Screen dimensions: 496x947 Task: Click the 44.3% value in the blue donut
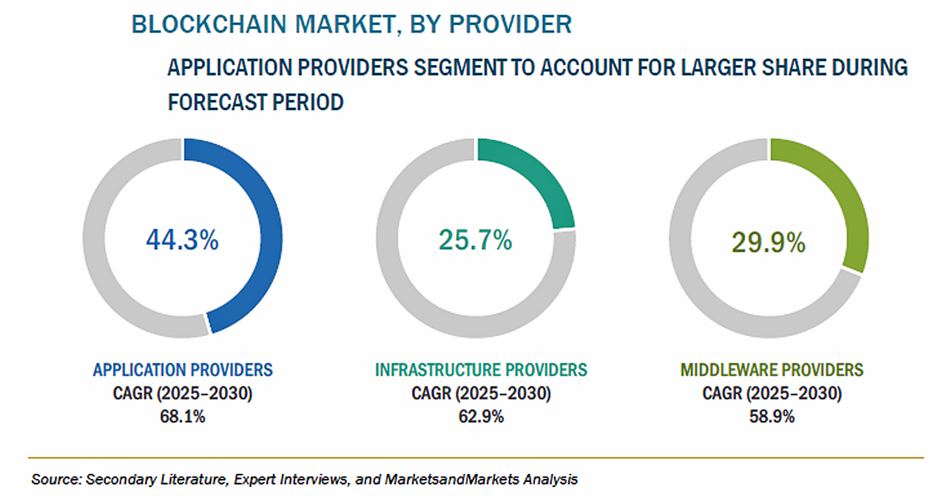pyautogui.click(x=182, y=240)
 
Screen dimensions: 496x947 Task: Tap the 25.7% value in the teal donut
pyautogui.click(x=475, y=240)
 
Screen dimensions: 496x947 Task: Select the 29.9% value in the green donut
pyautogui.click(x=768, y=242)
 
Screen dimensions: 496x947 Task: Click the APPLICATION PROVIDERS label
pyautogui.click(x=182, y=369)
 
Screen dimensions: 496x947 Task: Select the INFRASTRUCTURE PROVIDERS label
pyautogui.click(x=481, y=369)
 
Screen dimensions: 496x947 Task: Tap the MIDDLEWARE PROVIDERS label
pyautogui.click(x=772, y=369)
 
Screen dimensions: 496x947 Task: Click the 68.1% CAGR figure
pyautogui.click(x=182, y=417)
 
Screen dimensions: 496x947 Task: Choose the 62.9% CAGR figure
pyautogui.click(x=481, y=417)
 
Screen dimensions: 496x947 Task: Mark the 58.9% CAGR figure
pyautogui.click(x=772, y=417)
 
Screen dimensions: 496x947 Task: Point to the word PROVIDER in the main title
pyautogui.click(x=510, y=24)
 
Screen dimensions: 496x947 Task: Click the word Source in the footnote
pyautogui.click(x=55, y=479)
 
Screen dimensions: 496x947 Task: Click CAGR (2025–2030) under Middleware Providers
pyautogui.click(x=772, y=393)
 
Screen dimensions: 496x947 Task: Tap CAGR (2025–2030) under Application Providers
pyautogui.click(x=182, y=393)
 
